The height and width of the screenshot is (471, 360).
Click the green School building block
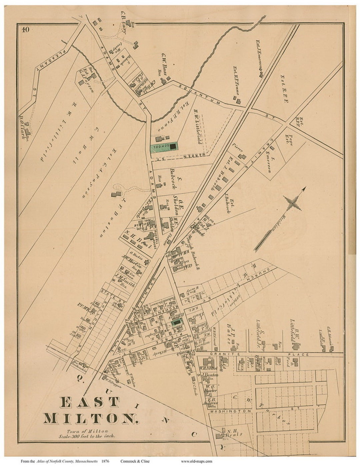(x=164, y=146)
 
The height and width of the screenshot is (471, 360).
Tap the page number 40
(x=26, y=30)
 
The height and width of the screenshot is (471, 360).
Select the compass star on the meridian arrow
(x=293, y=203)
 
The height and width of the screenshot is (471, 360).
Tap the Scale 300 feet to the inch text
(x=87, y=436)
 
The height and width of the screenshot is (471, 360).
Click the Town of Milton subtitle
(x=87, y=431)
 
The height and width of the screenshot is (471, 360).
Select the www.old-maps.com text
(x=196, y=462)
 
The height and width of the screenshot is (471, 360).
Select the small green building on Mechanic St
(x=177, y=322)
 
